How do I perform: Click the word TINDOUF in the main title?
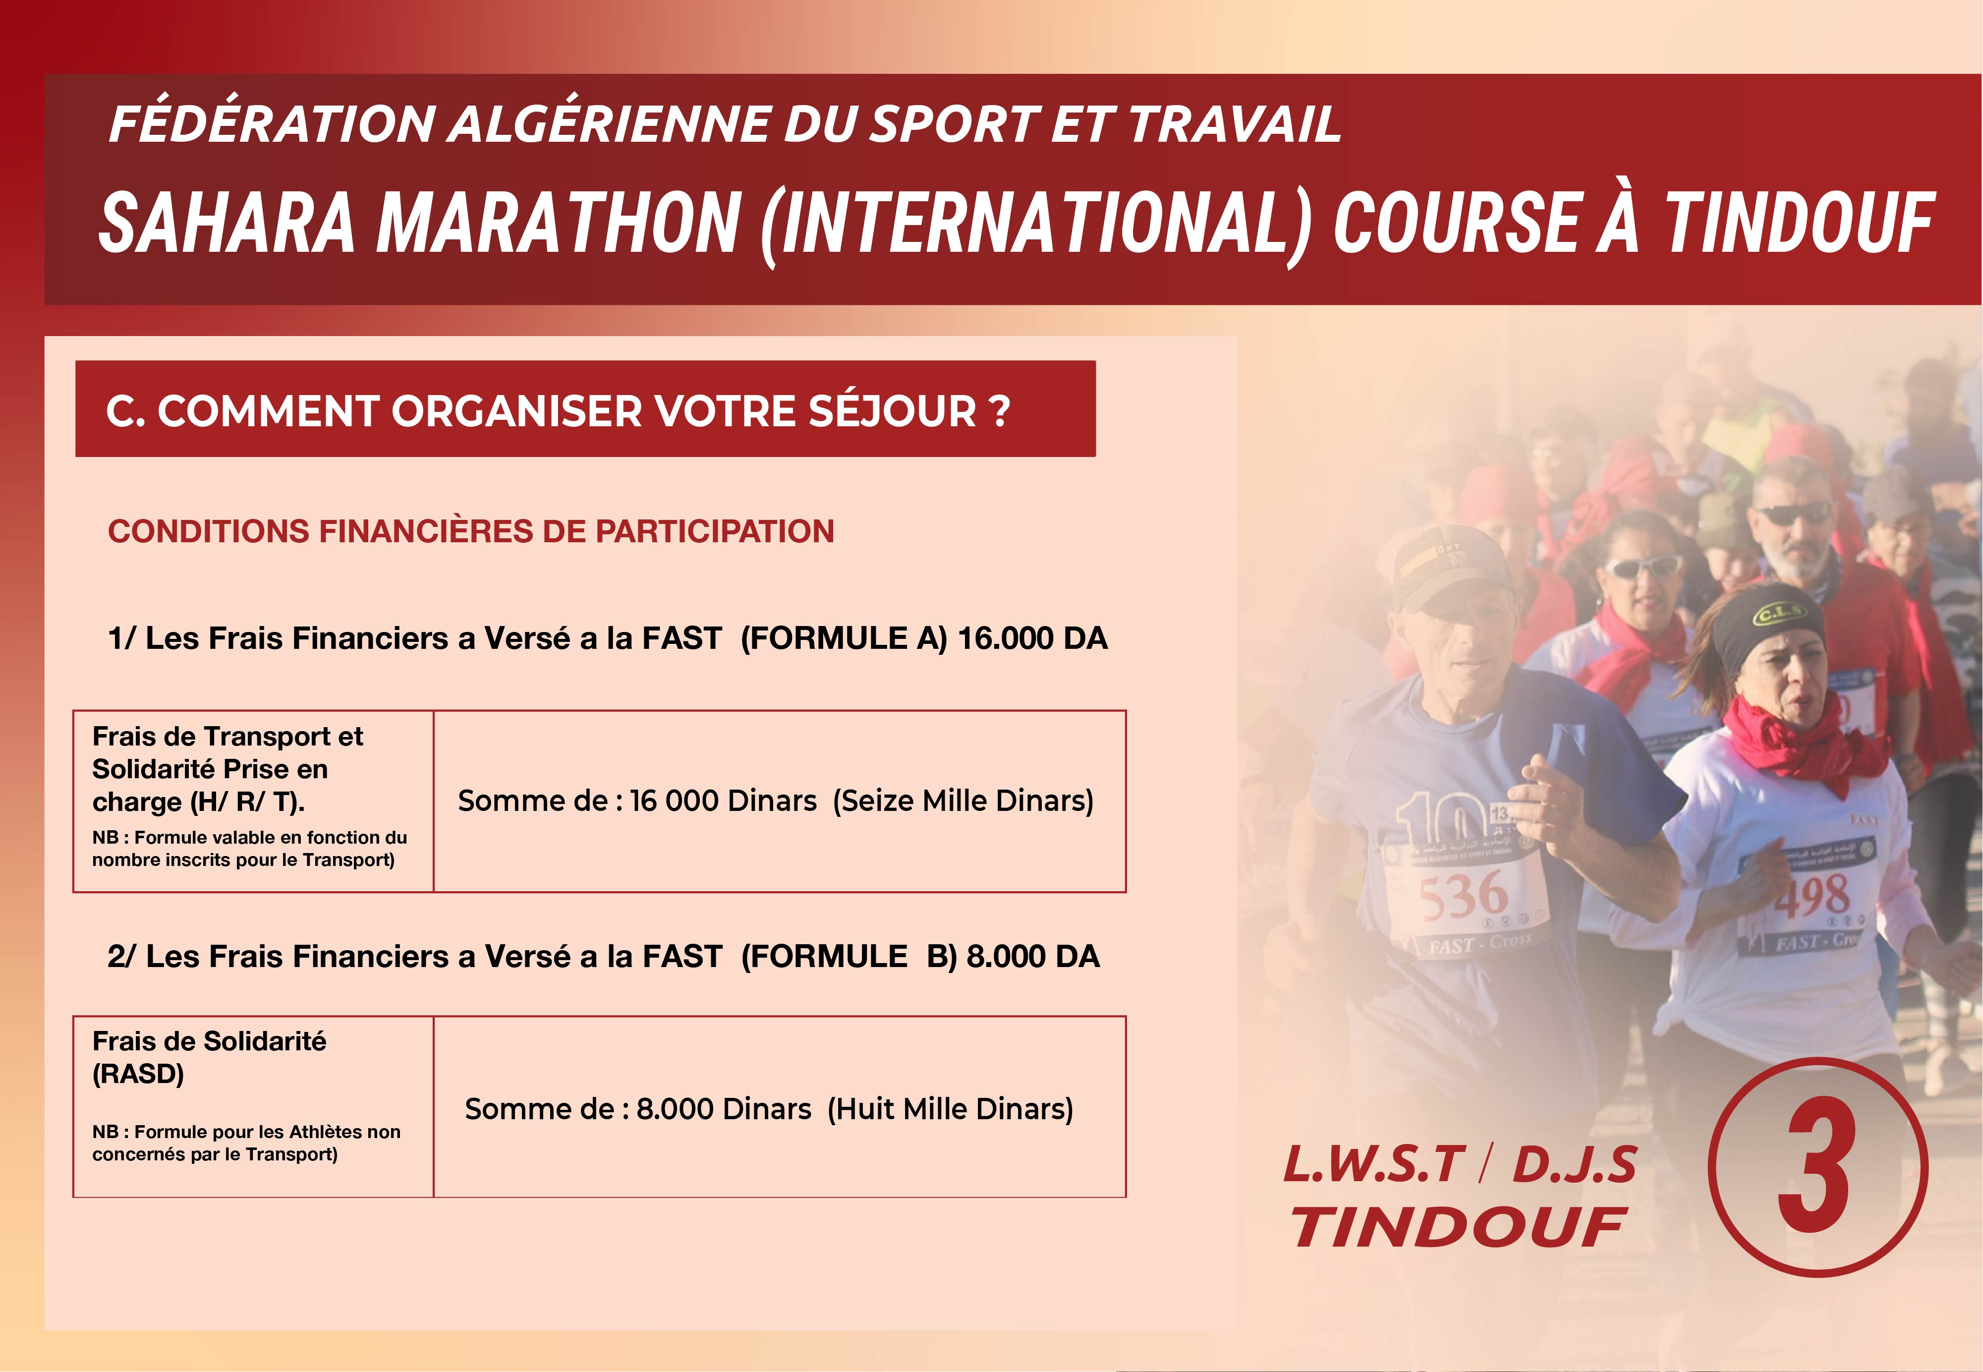1799,223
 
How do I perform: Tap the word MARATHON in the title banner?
558,223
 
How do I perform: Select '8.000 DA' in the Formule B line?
1032,957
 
